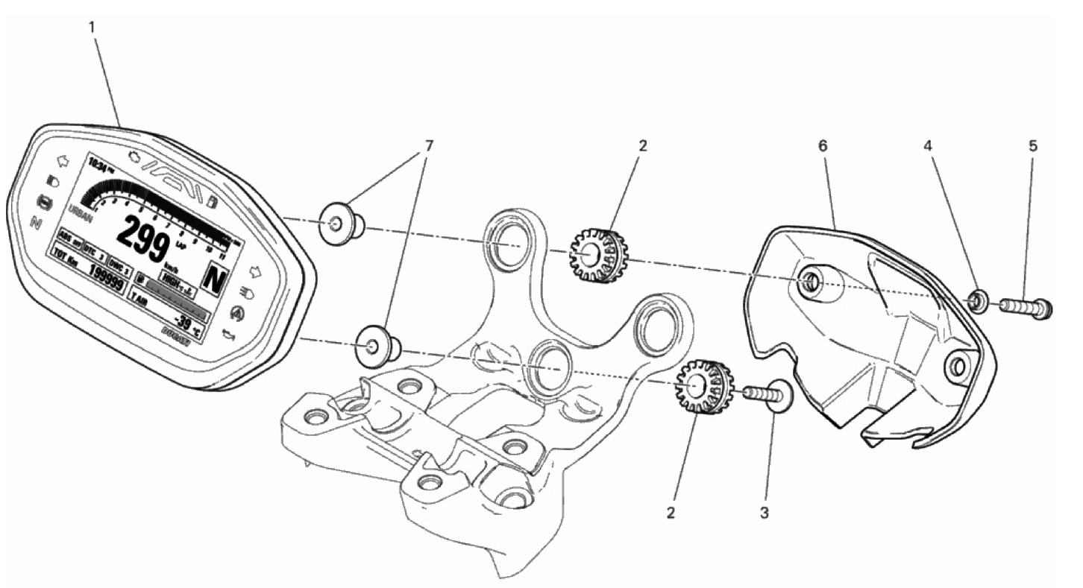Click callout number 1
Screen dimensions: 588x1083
click(92, 27)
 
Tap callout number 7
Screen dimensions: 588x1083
click(428, 145)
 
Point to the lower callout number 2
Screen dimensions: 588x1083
click(671, 513)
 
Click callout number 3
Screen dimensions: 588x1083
click(765, 513)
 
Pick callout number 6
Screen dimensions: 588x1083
click(823, 145)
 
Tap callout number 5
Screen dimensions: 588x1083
click(1033, 145)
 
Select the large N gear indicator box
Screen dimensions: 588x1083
click(215, 279)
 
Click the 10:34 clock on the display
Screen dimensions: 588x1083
click(97, 162)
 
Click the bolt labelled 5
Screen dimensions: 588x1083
click(1025, 306)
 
